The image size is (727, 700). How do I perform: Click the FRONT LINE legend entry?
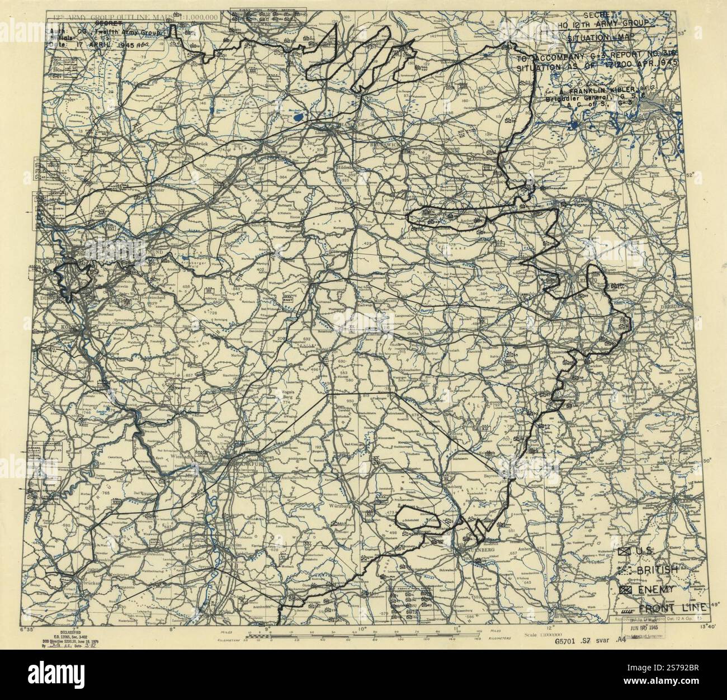(671, 608)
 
